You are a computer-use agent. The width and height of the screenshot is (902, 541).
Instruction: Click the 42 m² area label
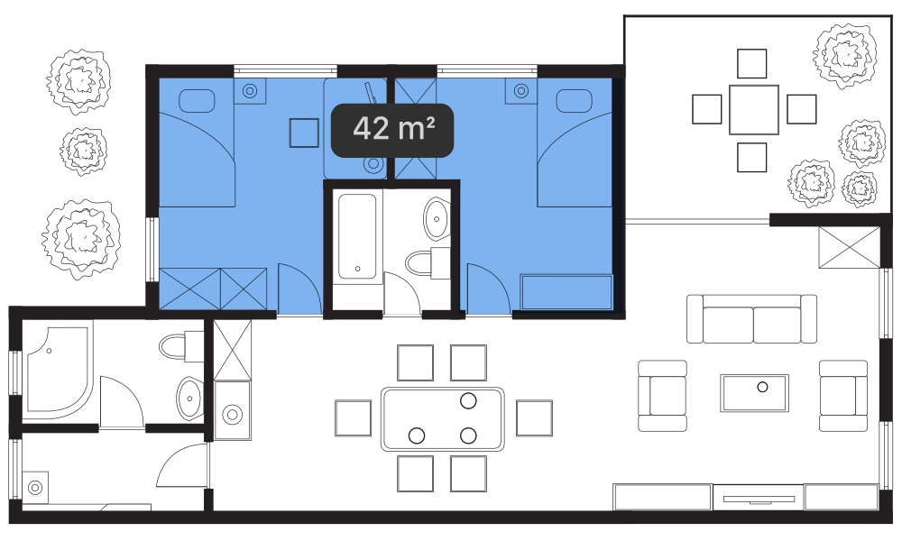point(392,130)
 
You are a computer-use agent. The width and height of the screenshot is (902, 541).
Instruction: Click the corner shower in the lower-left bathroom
point(58,369)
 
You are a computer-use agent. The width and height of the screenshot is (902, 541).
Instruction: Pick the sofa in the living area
point(751,318)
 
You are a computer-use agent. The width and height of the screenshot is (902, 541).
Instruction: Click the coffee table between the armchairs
point(754,392)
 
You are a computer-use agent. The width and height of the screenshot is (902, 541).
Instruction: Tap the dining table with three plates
point(442,419)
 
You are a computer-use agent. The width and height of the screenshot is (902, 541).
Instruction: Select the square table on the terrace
point(753,109)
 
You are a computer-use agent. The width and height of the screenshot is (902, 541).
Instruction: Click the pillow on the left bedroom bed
point(197,101)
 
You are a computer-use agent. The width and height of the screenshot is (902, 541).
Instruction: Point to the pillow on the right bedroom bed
point(574,101)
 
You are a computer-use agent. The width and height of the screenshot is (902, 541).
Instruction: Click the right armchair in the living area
point(843,396)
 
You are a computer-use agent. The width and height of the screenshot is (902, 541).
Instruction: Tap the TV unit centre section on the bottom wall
point(759,498)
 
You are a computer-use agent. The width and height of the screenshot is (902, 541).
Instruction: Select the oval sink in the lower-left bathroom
point(189,398)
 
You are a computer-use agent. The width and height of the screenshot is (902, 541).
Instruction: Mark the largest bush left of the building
point(81,239)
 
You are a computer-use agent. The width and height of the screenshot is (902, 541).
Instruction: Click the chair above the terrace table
point(752,63)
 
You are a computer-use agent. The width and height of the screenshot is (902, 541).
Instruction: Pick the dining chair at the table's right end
point(534,418)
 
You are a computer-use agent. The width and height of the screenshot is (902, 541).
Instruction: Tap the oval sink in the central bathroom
point(437,218)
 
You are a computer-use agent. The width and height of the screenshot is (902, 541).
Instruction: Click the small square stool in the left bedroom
point(304,133)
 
